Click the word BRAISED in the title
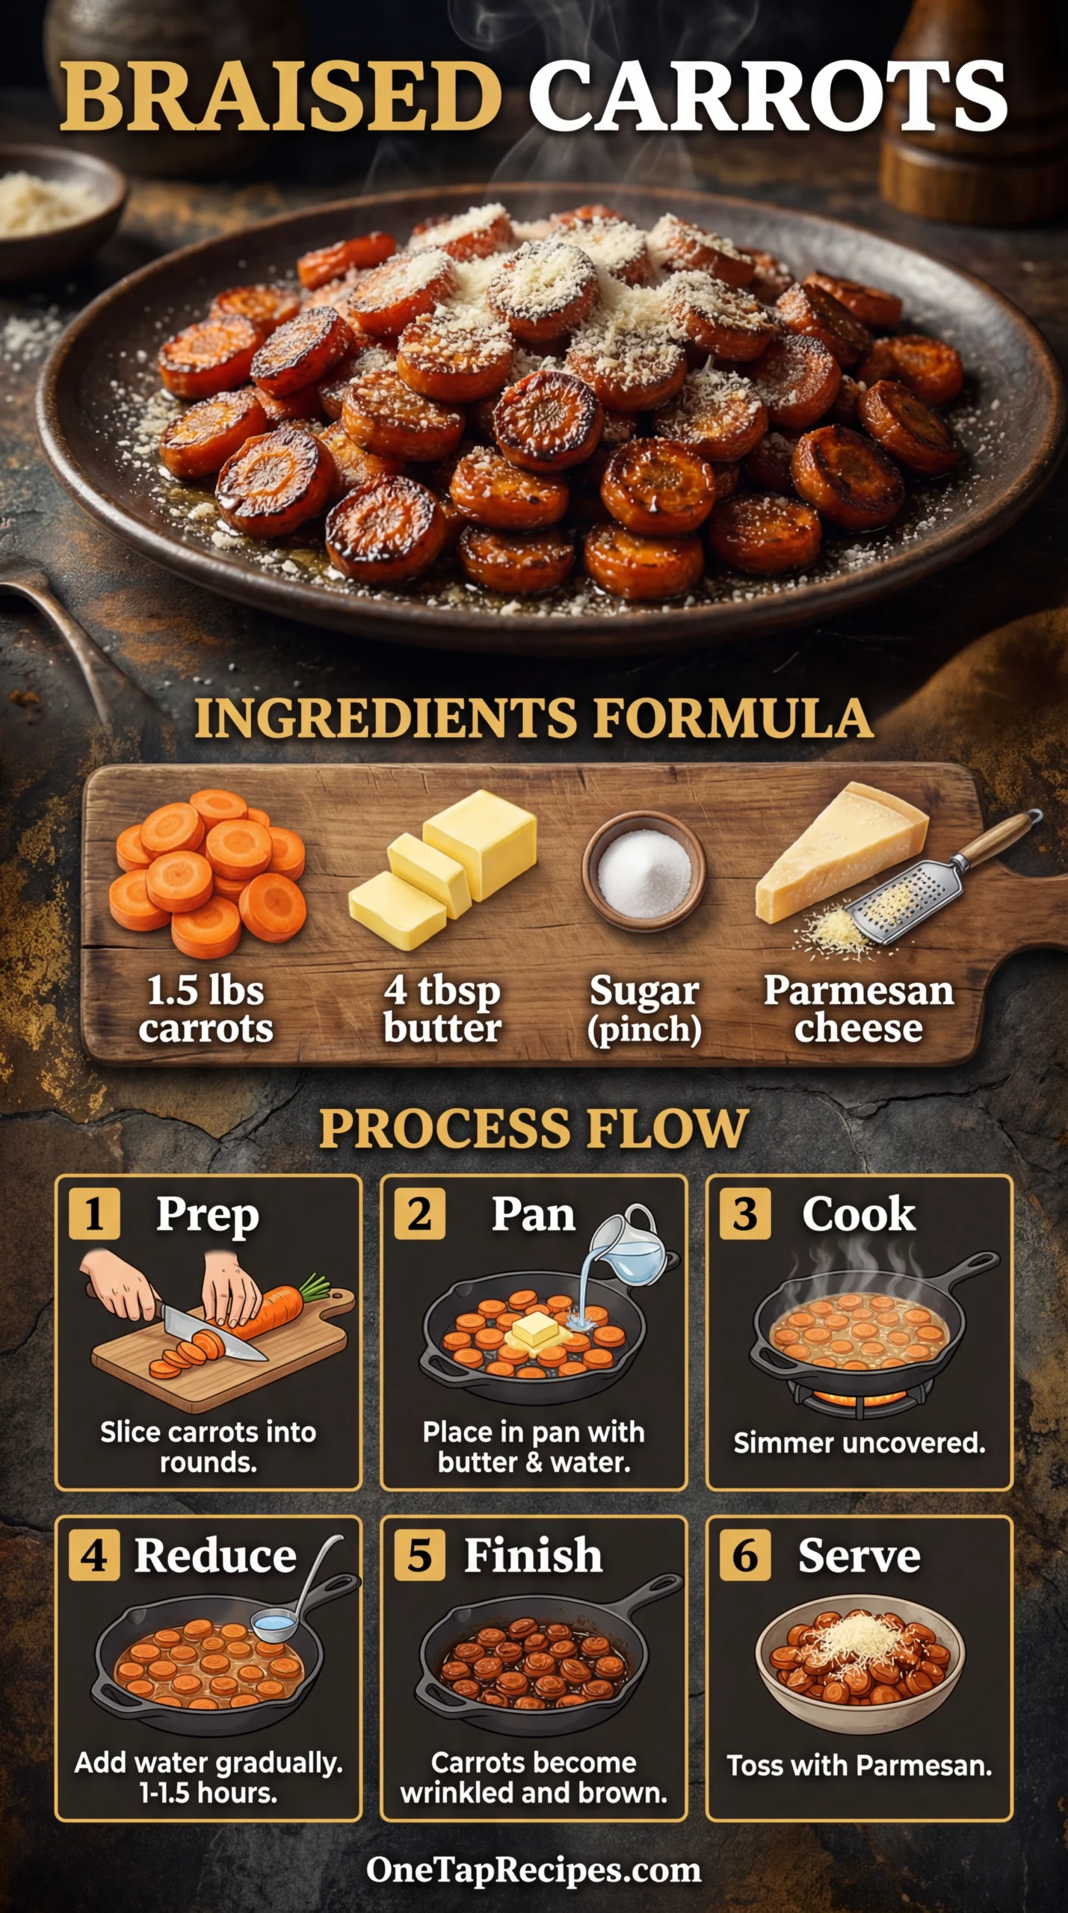tap(280, 96)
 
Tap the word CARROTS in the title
tap(768, 96)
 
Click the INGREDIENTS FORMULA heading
tap(534, 719)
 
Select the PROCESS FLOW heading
tap(534, 1128)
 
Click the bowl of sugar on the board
tap(644, 871)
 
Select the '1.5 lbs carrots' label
tap(206, 1009)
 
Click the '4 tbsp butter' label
tap(442, 1009)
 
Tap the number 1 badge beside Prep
tap(94, 1214)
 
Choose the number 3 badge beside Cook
tap(745, 1214)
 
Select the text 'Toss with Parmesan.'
tap(859, 1765)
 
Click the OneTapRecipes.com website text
tap(534, 1870)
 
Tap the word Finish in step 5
tap(533, 1556)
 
